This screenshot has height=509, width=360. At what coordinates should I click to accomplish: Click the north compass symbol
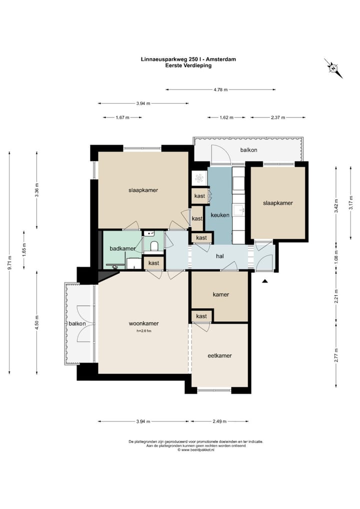click(333, 68)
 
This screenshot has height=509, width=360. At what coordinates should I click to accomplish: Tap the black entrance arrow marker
click(265, 281)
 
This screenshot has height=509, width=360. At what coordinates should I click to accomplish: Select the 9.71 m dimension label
click(9, 263)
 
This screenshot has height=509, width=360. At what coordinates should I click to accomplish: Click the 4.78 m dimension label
click(220, 89)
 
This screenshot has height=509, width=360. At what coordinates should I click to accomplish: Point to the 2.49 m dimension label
click(219, 421)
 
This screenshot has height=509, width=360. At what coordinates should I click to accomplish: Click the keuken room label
click(220, 215)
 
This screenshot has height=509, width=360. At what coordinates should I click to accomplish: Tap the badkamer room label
click(122, 248)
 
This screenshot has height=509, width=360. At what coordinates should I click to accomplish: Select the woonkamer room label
click(144, 323)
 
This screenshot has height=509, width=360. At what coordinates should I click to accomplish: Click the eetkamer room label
click(220, 355)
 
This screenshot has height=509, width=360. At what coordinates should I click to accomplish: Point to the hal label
click(220, 256)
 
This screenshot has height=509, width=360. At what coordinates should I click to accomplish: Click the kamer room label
click(220, 294)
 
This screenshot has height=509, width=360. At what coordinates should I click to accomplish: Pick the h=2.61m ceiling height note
click(144, 331)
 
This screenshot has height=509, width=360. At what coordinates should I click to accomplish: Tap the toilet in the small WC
click(154, 247)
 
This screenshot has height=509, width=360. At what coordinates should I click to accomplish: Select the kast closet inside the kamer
click(201, 316)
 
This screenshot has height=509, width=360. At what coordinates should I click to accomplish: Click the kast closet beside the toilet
click(153, 262)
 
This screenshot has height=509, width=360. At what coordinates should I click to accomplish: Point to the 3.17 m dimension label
click(350, 203)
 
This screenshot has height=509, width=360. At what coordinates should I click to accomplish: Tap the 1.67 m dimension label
click(122, 117)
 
